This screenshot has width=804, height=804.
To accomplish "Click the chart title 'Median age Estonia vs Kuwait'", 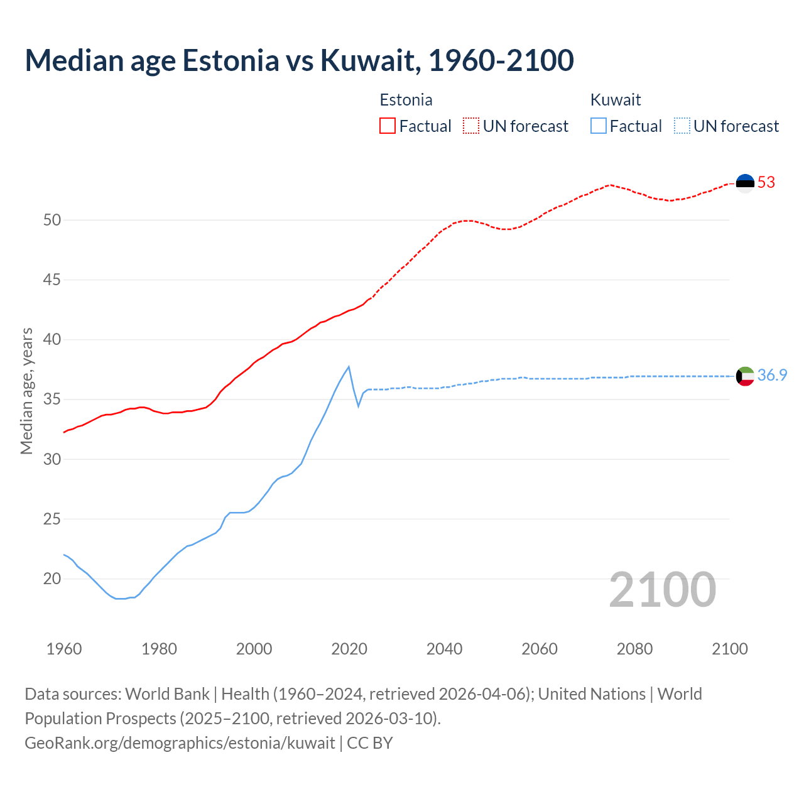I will (299, 60).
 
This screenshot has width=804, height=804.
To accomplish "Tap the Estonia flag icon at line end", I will (745, 183).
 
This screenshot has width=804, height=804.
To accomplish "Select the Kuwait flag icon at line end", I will (745, 376).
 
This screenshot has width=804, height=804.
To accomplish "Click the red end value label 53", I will (766, 183).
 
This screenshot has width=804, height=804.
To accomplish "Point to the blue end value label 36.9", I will (772, 376).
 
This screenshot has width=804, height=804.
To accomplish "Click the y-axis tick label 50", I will (52, 220).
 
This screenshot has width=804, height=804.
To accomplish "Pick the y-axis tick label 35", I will (52, 399).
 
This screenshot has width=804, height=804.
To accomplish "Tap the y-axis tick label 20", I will (52, 579).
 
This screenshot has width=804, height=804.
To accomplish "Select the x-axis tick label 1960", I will (64, 649).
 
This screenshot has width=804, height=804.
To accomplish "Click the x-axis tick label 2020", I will (349, 649).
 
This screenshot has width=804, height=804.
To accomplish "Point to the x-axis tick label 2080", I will (634, 649).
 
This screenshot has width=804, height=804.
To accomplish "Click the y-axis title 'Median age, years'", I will (26, 391).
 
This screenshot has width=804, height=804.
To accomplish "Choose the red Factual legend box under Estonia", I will (388, 126).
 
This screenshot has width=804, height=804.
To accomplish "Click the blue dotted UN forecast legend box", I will (682, 126).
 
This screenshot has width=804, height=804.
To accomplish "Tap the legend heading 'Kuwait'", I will (616, 100).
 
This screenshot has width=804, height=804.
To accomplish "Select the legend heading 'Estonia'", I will (406, 100).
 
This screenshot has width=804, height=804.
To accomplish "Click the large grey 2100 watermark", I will (662, 589).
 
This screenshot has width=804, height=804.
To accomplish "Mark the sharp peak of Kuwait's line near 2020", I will (349, 367).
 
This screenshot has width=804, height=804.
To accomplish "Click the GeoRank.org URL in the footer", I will (180, 742).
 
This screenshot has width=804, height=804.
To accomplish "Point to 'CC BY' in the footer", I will (370, 742).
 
